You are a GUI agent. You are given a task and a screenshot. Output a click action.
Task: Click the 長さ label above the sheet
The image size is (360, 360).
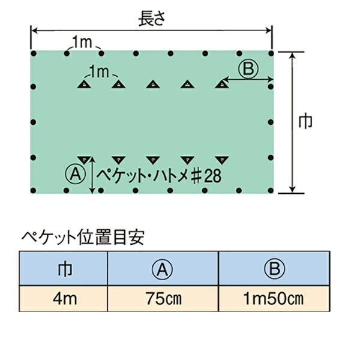tap(152, 19)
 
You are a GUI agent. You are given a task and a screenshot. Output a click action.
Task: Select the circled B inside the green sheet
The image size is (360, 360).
tap(248, 68)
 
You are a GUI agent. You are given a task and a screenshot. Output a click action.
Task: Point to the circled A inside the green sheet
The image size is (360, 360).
tap(76, 174)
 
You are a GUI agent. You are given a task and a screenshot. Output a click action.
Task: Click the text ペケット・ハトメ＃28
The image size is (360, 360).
tap(159, 176)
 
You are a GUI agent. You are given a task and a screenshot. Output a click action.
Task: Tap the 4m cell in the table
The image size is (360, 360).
tap(65, 299)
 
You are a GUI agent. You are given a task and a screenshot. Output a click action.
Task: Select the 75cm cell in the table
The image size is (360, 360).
tap(163, 299)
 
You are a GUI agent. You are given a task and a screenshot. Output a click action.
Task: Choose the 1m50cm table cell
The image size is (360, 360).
tap(274, 299)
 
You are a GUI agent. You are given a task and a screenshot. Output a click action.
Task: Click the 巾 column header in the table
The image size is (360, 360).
tap(65, 269)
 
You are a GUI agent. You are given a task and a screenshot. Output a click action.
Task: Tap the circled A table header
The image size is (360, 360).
tap(162, 269)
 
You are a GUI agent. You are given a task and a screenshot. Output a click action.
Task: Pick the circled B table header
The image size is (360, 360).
tap(275, 268)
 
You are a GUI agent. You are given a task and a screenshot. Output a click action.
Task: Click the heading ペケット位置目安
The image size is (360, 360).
tap(83, 237)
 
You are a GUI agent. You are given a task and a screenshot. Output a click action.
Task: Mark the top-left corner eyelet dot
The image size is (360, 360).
tap(34, 54)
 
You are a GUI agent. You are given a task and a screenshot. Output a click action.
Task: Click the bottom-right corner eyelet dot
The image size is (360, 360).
tap(271, 190)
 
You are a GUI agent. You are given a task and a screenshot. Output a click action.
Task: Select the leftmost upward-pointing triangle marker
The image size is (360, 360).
tap(84, 84)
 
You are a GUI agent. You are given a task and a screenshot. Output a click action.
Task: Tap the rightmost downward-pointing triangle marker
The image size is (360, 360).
tap(222, 160)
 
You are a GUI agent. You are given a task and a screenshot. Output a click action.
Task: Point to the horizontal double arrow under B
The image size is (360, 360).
tap(248, 79)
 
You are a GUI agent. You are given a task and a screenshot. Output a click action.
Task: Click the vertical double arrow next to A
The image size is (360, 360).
tap(92, 175)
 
